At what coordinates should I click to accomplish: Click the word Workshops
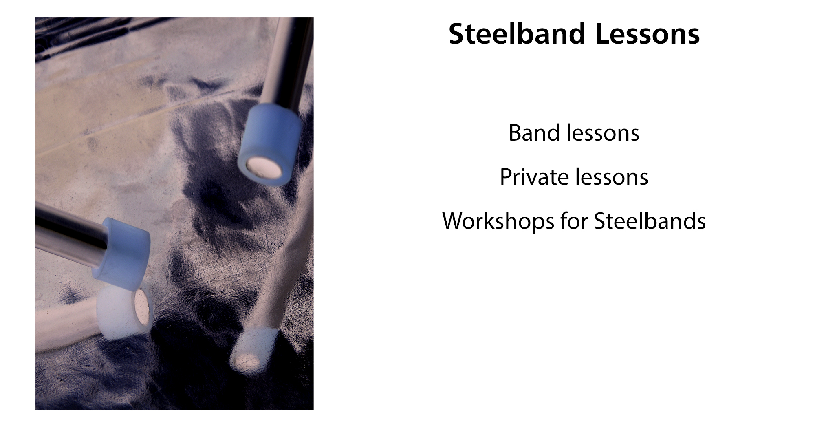[498, 221]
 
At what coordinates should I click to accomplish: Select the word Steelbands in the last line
[650, 221]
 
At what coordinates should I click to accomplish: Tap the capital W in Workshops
[455, 221]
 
